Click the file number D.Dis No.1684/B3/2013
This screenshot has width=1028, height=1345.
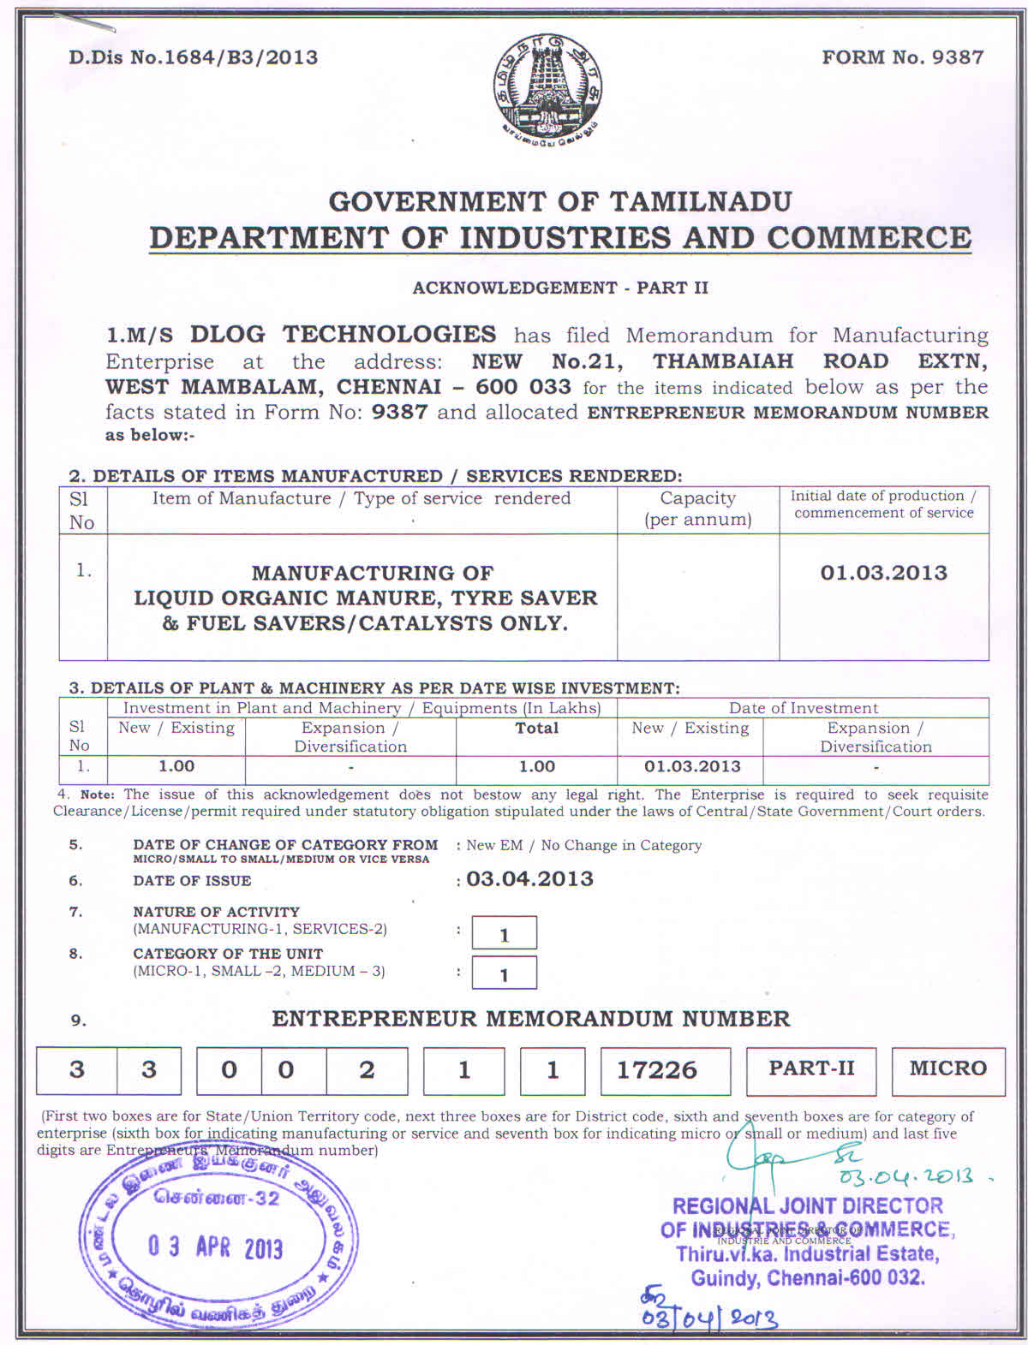tap(194, 57)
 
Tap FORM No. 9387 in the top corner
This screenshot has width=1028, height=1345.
tap(902, 57)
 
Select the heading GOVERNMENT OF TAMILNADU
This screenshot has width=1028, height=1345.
tap(560, 202)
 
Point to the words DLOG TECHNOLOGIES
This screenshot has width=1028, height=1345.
tap(343, 335)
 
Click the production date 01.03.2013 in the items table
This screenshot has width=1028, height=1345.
tap(883, 573)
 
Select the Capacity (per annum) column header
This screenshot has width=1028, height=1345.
tap(697, 509)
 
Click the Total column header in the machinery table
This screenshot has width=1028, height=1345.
tap(536, 729)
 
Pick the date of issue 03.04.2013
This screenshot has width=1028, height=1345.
tap(529, 879)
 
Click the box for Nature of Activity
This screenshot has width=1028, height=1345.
tap(504, 933)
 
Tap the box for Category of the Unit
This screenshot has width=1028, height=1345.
tap(504, 973)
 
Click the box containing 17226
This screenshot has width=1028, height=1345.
tap(665, 1070)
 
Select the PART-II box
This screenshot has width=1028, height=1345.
tap(810, 1069)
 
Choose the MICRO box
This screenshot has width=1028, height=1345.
tap(947, 1069)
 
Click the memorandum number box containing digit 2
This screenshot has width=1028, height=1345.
tap(367, 1070)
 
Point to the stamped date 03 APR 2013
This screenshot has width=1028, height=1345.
tap(215, 1247)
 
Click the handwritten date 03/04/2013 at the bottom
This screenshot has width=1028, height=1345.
tap(709, 1316)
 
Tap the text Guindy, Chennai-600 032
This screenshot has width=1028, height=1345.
tap(807, 1278)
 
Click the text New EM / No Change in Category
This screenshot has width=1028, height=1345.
tap(583, 846)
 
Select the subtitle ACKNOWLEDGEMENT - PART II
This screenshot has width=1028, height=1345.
tap(560, 288)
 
